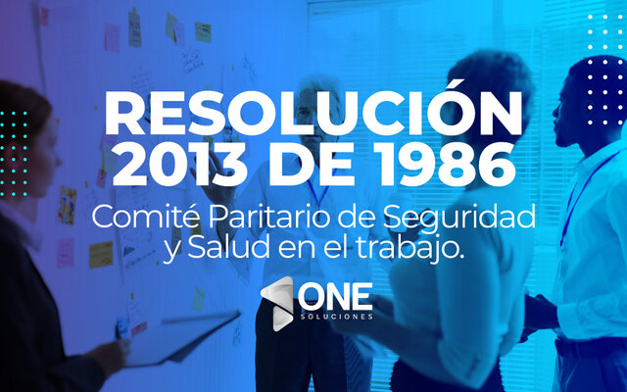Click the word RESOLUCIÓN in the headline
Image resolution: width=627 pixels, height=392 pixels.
click(x=313, y=116)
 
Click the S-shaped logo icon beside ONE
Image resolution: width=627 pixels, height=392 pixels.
click(x=278, y=300)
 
